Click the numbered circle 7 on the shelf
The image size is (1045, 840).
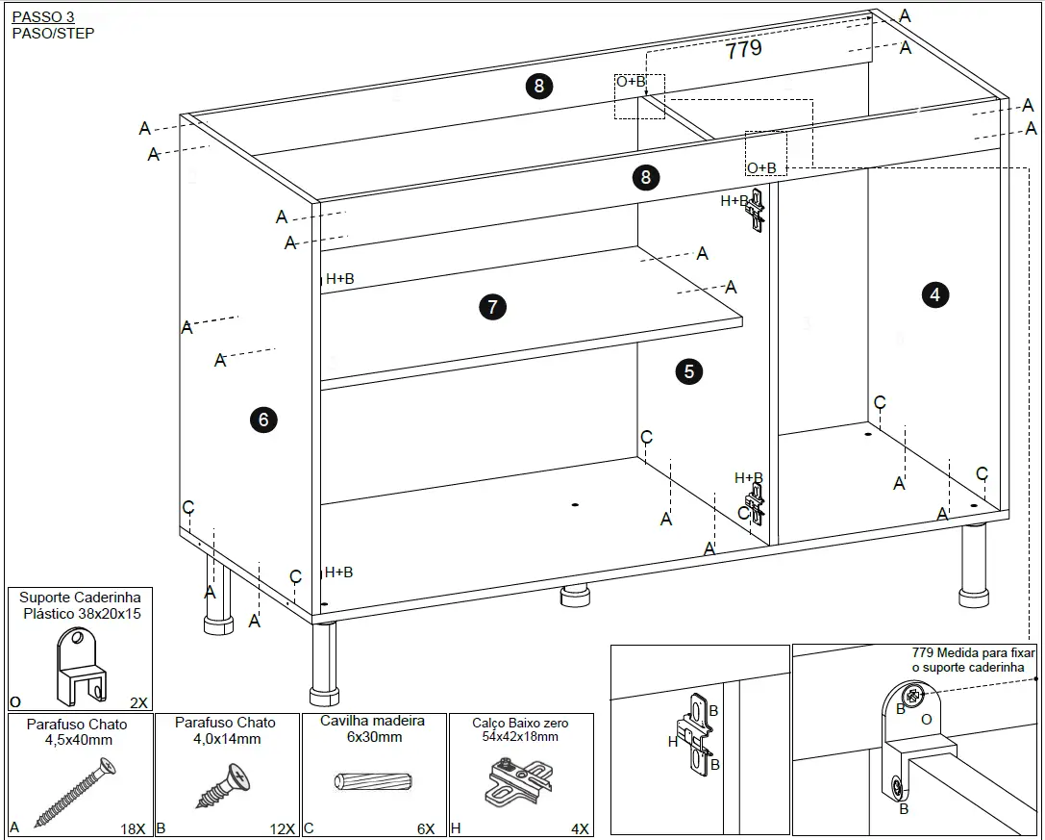pyautogui.click(x=492, y=307)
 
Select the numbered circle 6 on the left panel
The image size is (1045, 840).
pyautogui.click(x=262, y=420)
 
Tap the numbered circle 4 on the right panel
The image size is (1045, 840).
pyautogui.click(x=935, y=294)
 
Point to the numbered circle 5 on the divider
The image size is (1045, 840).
pyautogui.click(x=688, y=371)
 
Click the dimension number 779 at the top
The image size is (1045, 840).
pyautogui.click(x=743, y=50)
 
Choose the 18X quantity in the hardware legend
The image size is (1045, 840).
pyautogui.click(x=133, y=828)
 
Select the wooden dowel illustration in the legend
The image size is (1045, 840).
pyautogui.click(x=374, y=779)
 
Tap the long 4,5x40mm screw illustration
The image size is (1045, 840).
pyautogui.click(x=76, y=791)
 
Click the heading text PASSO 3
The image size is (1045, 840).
pyautogui.click(x=42, y=17)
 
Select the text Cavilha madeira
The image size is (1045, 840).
pyautogui.click(x=372, y=721)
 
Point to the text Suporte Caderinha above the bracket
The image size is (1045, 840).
pyautogui.click(x=80, y=598)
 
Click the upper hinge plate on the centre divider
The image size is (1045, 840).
pyautogui.click(x=758, y=210)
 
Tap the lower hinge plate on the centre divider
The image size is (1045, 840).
pyautogui.click(x=757, y=503)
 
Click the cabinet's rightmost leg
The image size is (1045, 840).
pyautogui.click(x=974, y=568)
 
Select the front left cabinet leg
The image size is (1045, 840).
pyautogui.click(x=324, y=664)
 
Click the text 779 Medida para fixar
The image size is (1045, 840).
pyautogui.click(x=974, y=652)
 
